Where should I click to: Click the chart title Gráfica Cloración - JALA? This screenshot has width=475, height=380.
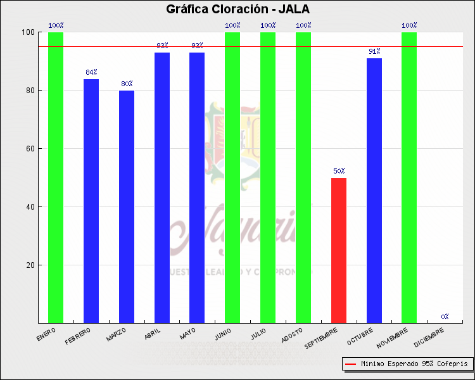coord(237,9)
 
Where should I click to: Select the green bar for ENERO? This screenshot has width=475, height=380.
coord(56,177)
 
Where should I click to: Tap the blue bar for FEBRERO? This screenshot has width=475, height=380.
coord(91,201)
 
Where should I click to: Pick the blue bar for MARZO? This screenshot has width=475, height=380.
coord(127,206)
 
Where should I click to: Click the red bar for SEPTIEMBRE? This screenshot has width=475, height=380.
coord(339,250)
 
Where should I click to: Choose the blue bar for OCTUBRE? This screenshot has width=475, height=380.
coord(374,190)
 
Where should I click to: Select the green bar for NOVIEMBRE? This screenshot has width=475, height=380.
coord(409,177)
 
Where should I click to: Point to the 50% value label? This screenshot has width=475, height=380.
coord(339,171)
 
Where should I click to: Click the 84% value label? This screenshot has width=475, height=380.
coord(91,72)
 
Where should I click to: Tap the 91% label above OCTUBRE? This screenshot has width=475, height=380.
coord(374,51)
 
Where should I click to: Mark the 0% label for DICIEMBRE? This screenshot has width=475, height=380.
coord(445,316)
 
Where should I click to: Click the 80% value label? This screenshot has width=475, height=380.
coord(127,84)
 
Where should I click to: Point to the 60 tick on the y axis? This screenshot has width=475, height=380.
coord(30,149)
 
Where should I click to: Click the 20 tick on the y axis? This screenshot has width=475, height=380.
coord(30,265)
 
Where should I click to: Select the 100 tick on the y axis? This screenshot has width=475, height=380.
coord(28,32)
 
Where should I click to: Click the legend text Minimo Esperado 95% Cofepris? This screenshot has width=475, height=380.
coord(414,364)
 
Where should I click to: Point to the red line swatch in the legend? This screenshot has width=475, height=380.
coord(350,364)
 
